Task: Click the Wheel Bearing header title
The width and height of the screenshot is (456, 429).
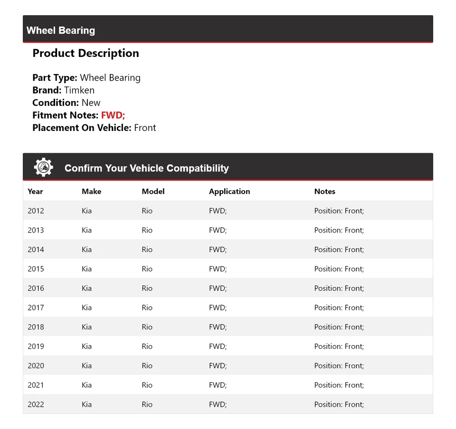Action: tap(61, 30)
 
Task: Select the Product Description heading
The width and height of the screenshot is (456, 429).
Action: tap(85, 53)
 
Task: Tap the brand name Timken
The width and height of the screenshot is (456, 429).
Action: tap(79, 90)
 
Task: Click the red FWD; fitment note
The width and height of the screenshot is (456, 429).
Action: tap(113, 115)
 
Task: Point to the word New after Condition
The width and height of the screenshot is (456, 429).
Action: tap(91, 103)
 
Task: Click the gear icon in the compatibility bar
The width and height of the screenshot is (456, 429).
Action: tap(43, 168)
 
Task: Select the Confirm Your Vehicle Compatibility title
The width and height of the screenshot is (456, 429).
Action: tap(146, 168)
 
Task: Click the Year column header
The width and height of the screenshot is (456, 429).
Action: tap(35, 191)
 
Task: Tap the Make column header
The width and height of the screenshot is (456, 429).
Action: tap(91, 191)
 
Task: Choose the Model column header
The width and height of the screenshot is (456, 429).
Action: tap(153, 191)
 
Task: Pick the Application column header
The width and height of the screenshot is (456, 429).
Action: tap(229, 191)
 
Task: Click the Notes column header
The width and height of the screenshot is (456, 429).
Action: tap(324, 191)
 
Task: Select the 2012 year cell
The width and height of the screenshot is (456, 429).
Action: tap(36, 211)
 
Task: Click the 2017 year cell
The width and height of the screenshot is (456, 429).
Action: tap(36, 308)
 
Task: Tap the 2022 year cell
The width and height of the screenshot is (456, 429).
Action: tap(36, 404)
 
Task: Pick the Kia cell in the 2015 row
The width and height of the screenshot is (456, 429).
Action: tap(86, 269)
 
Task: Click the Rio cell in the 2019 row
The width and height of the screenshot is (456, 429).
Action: tap(147, 346)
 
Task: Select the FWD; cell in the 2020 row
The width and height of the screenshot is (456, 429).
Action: tap(218, 366)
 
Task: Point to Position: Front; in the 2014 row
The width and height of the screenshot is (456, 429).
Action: tap(339, 250)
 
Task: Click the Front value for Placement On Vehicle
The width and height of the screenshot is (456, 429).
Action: tap(145, 128)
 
